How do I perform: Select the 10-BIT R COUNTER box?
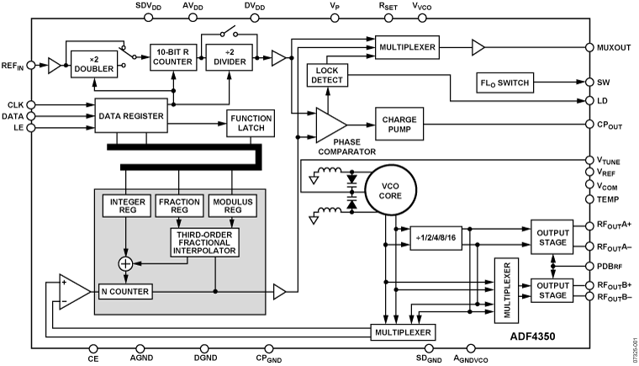click(173, 57)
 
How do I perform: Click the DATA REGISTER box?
click(130, 114)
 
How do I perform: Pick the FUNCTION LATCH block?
click(251, 122)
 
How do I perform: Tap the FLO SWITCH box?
click(504, 83)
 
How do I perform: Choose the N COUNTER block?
click(124, 292)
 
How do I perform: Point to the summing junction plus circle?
click(124, 263)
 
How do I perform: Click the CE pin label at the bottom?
click(92, 357)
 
